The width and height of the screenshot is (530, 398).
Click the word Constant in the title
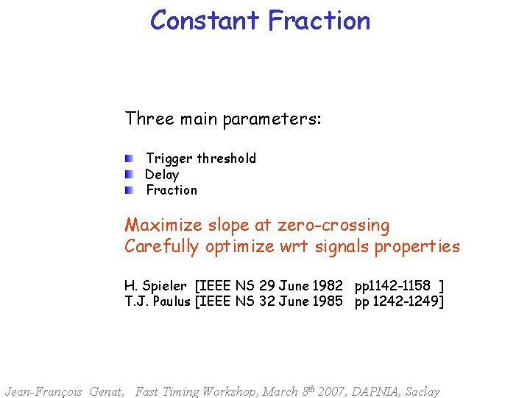click(x=205, y=20)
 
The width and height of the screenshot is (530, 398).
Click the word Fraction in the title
click(x=319, y=20)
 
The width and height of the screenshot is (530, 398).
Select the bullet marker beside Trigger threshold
click(x=129, y=158)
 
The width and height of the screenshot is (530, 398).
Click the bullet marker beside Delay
click(x=129, y=175)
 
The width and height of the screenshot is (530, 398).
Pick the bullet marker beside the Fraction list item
click(x=129, y=190)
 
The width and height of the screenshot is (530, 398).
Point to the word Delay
click(x=162, y=175)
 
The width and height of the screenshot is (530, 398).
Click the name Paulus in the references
click(x=170, y=301)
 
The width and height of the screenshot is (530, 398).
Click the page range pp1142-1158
click(x=392, y=286)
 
